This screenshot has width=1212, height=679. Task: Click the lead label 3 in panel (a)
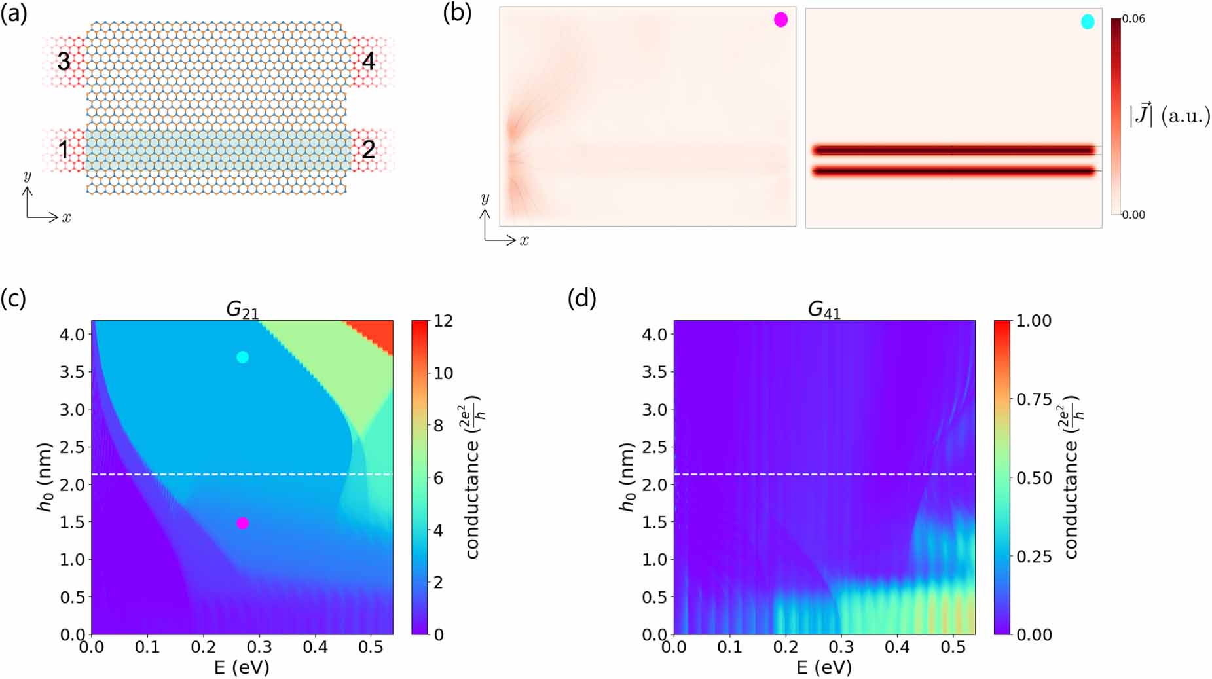[64, 61]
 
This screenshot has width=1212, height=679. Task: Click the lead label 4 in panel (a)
[368, 61]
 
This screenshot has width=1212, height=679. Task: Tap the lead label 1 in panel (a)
[64, 149]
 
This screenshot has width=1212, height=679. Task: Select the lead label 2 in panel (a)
[368, 149]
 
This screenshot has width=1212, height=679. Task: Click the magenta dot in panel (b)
[780, 20]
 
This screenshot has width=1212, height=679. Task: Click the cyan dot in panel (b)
[1088, 22]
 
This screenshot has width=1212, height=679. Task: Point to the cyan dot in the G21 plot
[242, 357]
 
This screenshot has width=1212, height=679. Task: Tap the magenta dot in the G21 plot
[242, 523]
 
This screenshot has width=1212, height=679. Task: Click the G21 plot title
[242, 309]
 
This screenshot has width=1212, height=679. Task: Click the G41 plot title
[824, 309]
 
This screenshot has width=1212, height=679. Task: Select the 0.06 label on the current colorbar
[1133, 18]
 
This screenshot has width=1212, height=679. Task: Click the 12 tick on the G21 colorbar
[443, 321]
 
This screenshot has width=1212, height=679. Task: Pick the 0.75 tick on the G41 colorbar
[1034, 399]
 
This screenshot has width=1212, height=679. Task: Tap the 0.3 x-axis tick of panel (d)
[841, 647]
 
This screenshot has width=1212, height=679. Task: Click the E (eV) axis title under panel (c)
[242, 667]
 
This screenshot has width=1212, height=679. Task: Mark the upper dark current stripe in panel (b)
[953, 150]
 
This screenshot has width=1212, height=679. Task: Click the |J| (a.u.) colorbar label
[1169, 116]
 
